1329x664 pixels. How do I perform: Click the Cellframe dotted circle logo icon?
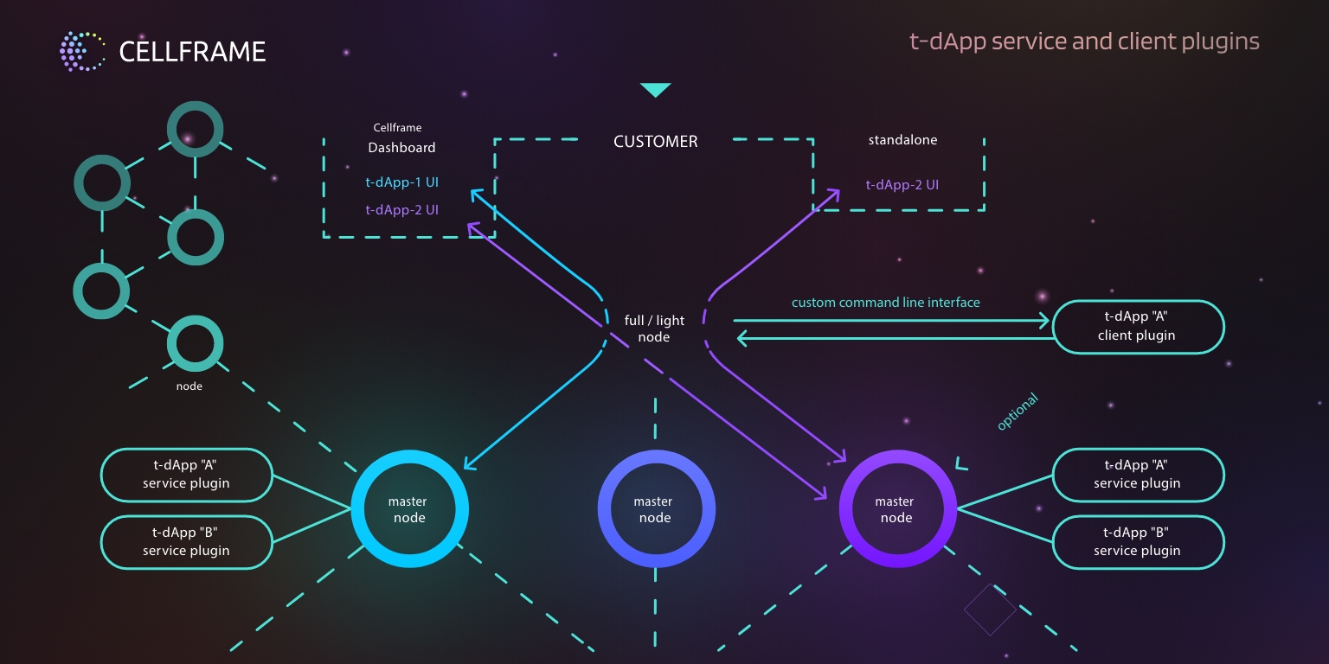point(81,51)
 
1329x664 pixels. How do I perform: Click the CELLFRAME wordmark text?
point(192,52)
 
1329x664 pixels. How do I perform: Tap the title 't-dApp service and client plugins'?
point(1084,41)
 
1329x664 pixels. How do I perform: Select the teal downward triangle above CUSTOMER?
point(655,90)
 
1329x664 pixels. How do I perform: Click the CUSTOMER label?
point(655,142)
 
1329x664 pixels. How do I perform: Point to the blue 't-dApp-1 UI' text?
point(401,182)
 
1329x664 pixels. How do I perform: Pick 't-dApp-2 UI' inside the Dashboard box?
point(401,209)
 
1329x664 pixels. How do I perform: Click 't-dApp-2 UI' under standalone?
point(902,184)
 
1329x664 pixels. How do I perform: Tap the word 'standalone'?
point(902,139)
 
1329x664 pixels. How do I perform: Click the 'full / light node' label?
point(654,329)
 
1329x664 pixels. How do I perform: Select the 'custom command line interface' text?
point(885,303)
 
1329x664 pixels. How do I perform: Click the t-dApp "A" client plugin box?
point(1137,326)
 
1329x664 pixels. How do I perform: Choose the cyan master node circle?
point(409,509)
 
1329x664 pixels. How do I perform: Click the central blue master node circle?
point(655,509)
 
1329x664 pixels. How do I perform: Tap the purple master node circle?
point(896,509)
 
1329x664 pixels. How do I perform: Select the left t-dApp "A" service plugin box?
point(187,475)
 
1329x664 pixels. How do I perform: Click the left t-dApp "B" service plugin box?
point(187,542)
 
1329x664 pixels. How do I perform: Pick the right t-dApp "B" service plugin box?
point(1137,542)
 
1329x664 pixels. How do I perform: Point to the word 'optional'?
point(1017,412)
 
